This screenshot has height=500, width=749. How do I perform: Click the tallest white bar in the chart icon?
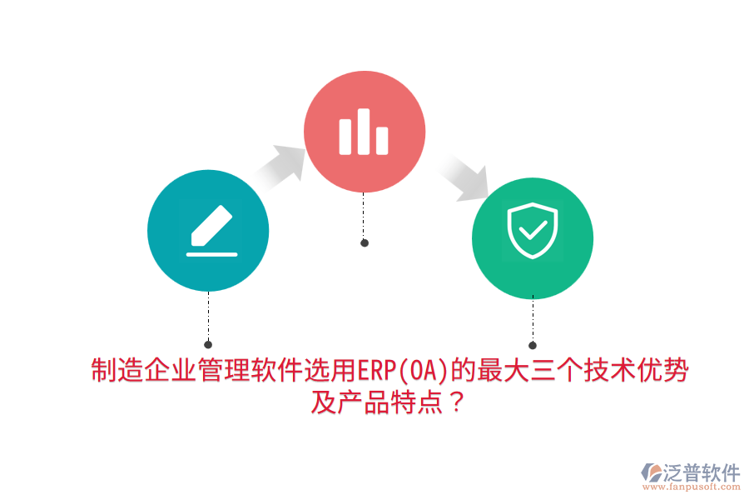tap(364, 131)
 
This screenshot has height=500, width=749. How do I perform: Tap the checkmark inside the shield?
tap(533, 227)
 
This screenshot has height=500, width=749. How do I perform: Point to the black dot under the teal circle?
tap(208, 344)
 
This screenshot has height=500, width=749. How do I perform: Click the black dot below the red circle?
tap(364, 242)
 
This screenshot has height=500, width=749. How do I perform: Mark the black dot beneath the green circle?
tap(533, 345)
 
